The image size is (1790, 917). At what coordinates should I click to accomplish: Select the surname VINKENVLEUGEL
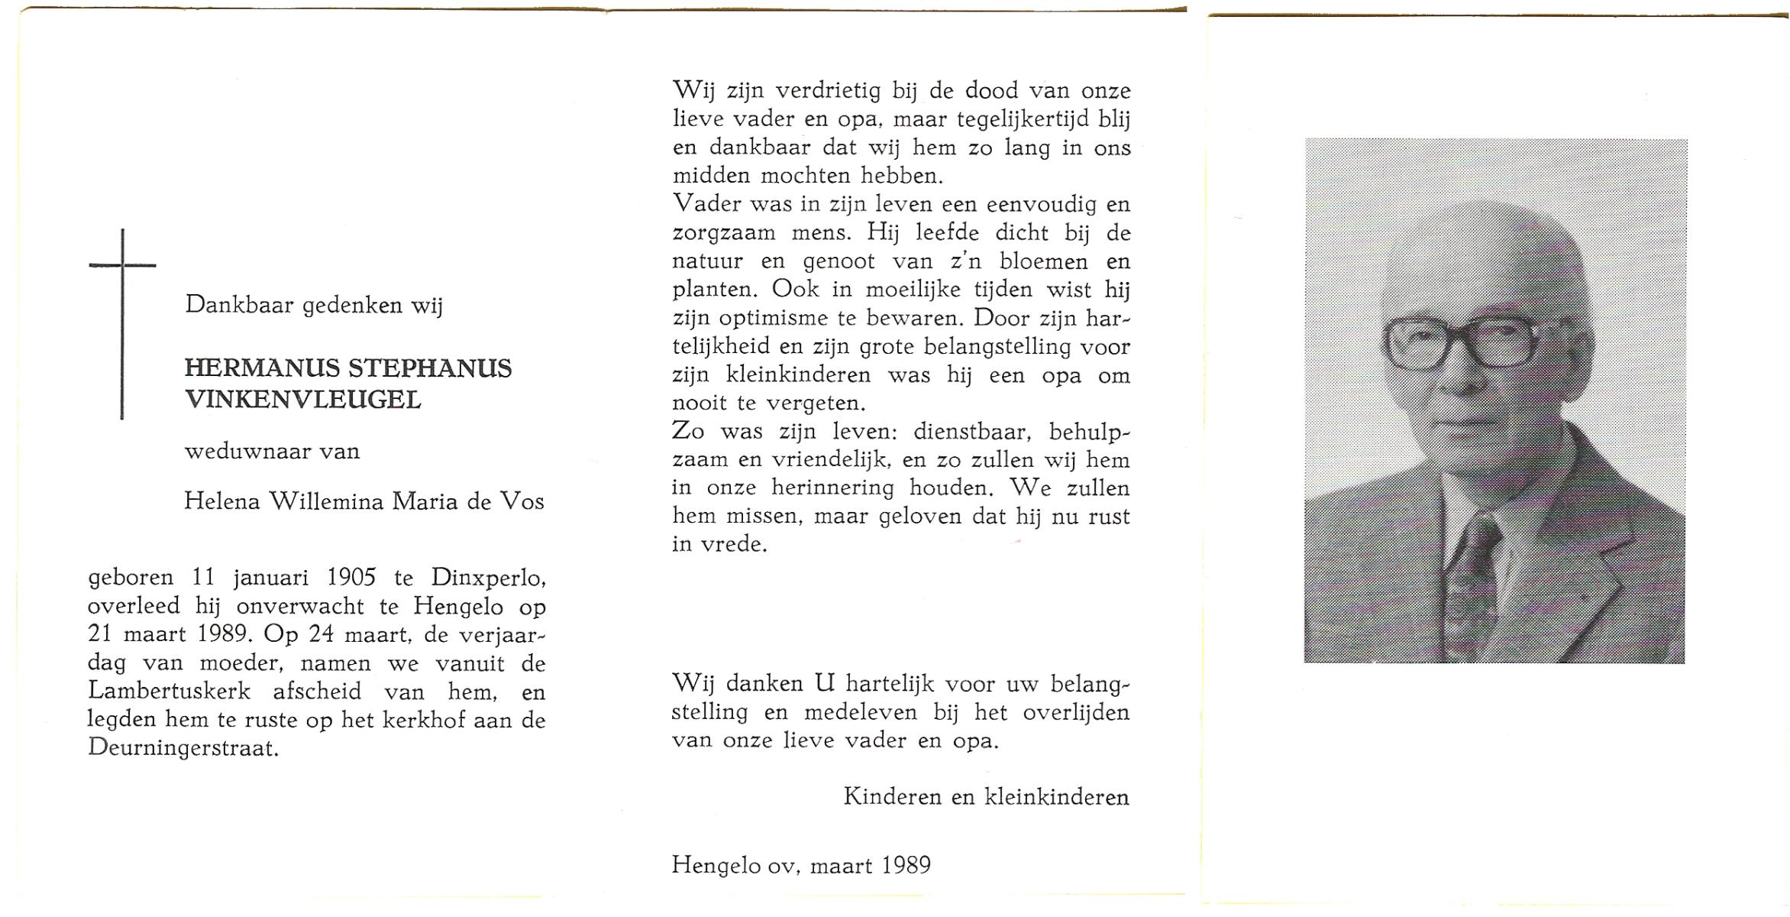[x=302, y=400]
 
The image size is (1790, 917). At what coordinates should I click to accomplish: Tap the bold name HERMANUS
[x=262, y=368]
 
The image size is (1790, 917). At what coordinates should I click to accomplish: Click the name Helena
[x=222, y=501]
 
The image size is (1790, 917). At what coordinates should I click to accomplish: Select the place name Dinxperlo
[x=488, y=578]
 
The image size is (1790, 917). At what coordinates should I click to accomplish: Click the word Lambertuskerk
[x=169, y=691]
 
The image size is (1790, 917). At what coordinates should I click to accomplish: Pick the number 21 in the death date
[x=101, y=634]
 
